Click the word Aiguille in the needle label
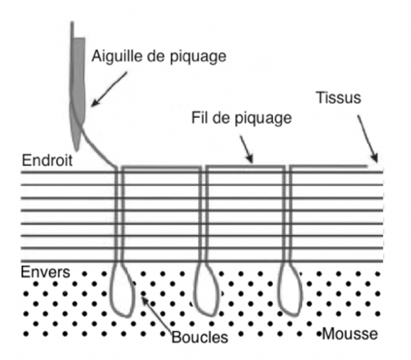coord(117,56)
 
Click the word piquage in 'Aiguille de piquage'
coord(198,57)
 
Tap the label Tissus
coord(339,98)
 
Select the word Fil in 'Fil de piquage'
coord(200,118)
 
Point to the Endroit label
coord(47,160)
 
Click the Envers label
coord(46,272)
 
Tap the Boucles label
coord(200,337)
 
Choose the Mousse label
coord(350,334)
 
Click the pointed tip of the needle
coord(77,150)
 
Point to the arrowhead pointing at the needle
coord(95,103)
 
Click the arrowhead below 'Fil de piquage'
coord(250,159)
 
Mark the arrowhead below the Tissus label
coord(375,158)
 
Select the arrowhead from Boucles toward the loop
coord(144,300)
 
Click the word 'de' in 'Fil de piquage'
coord(221,118)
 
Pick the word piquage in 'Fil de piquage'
coord(263,119)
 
